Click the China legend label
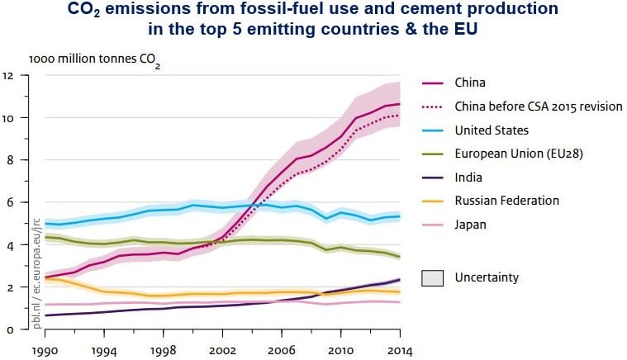pyautogui.click(x=470, y=83)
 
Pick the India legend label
pyautogui.click(x=468, y=177)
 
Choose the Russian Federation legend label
pyautogui.click(x=507, y=201)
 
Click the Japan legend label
pyautogui.click(x=470, y=224)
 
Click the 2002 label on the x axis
pyautogui.click(x=223, y=349)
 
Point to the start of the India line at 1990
pyautogui.click(x=45, y=315)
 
